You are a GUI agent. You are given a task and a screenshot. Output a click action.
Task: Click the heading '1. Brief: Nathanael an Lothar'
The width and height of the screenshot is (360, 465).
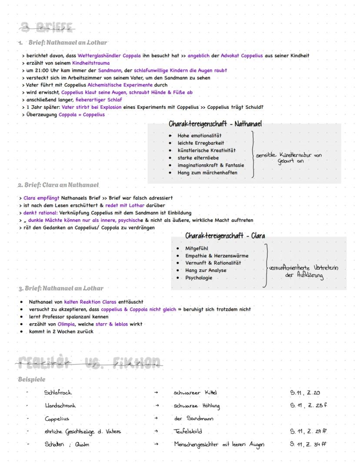point(63,43)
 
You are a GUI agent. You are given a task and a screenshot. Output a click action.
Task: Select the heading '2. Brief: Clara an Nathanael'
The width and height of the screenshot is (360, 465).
point(58,185)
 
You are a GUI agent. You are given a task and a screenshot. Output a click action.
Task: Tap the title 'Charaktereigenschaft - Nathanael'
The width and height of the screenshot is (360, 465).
point(215,124)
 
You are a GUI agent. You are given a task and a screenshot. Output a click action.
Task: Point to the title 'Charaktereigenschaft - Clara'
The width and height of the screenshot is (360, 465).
point(225,236)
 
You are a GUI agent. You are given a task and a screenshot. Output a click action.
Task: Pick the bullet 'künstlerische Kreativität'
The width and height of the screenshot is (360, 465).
point(207,151)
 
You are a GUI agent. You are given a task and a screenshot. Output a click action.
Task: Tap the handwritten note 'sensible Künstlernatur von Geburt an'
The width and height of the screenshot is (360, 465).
point(289,158)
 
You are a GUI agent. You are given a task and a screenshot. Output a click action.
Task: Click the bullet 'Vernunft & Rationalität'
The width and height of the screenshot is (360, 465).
point(213,263)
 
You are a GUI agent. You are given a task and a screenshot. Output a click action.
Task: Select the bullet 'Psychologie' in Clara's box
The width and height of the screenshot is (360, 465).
point(199,278)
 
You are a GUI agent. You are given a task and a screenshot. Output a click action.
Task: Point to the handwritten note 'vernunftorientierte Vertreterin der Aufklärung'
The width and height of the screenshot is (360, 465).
point(303,272)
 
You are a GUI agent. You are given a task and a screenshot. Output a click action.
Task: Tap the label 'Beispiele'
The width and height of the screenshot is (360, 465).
point(32,379)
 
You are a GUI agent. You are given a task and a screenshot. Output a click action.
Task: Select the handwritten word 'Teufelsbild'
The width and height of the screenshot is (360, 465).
point(188,432)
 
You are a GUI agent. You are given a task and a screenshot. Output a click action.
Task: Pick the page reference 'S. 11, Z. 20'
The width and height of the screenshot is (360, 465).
point(305,393)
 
